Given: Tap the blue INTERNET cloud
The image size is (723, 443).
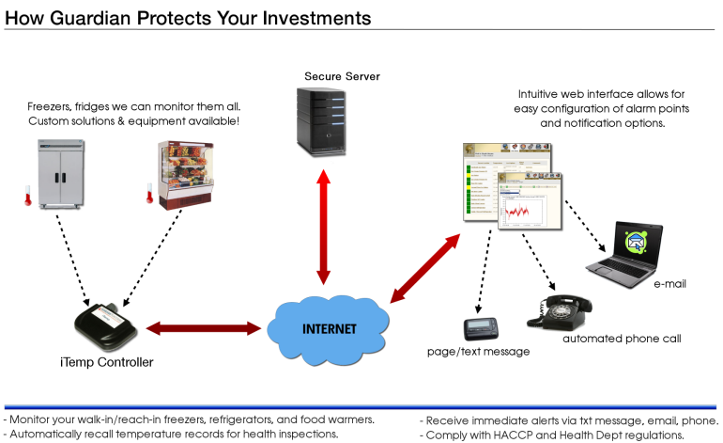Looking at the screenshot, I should click(327, 330).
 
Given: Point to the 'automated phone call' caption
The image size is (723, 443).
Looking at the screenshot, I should click(621, 339).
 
